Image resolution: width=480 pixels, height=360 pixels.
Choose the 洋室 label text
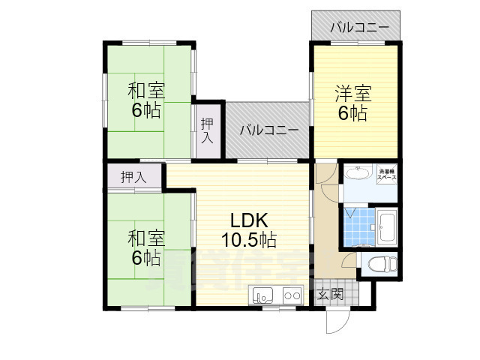pos(352,94)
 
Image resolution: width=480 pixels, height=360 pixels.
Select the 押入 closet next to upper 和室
pos(208,130)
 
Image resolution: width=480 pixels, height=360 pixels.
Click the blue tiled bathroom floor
pos(357,223)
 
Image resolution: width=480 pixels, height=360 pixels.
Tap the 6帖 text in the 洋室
pos(352,114)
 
